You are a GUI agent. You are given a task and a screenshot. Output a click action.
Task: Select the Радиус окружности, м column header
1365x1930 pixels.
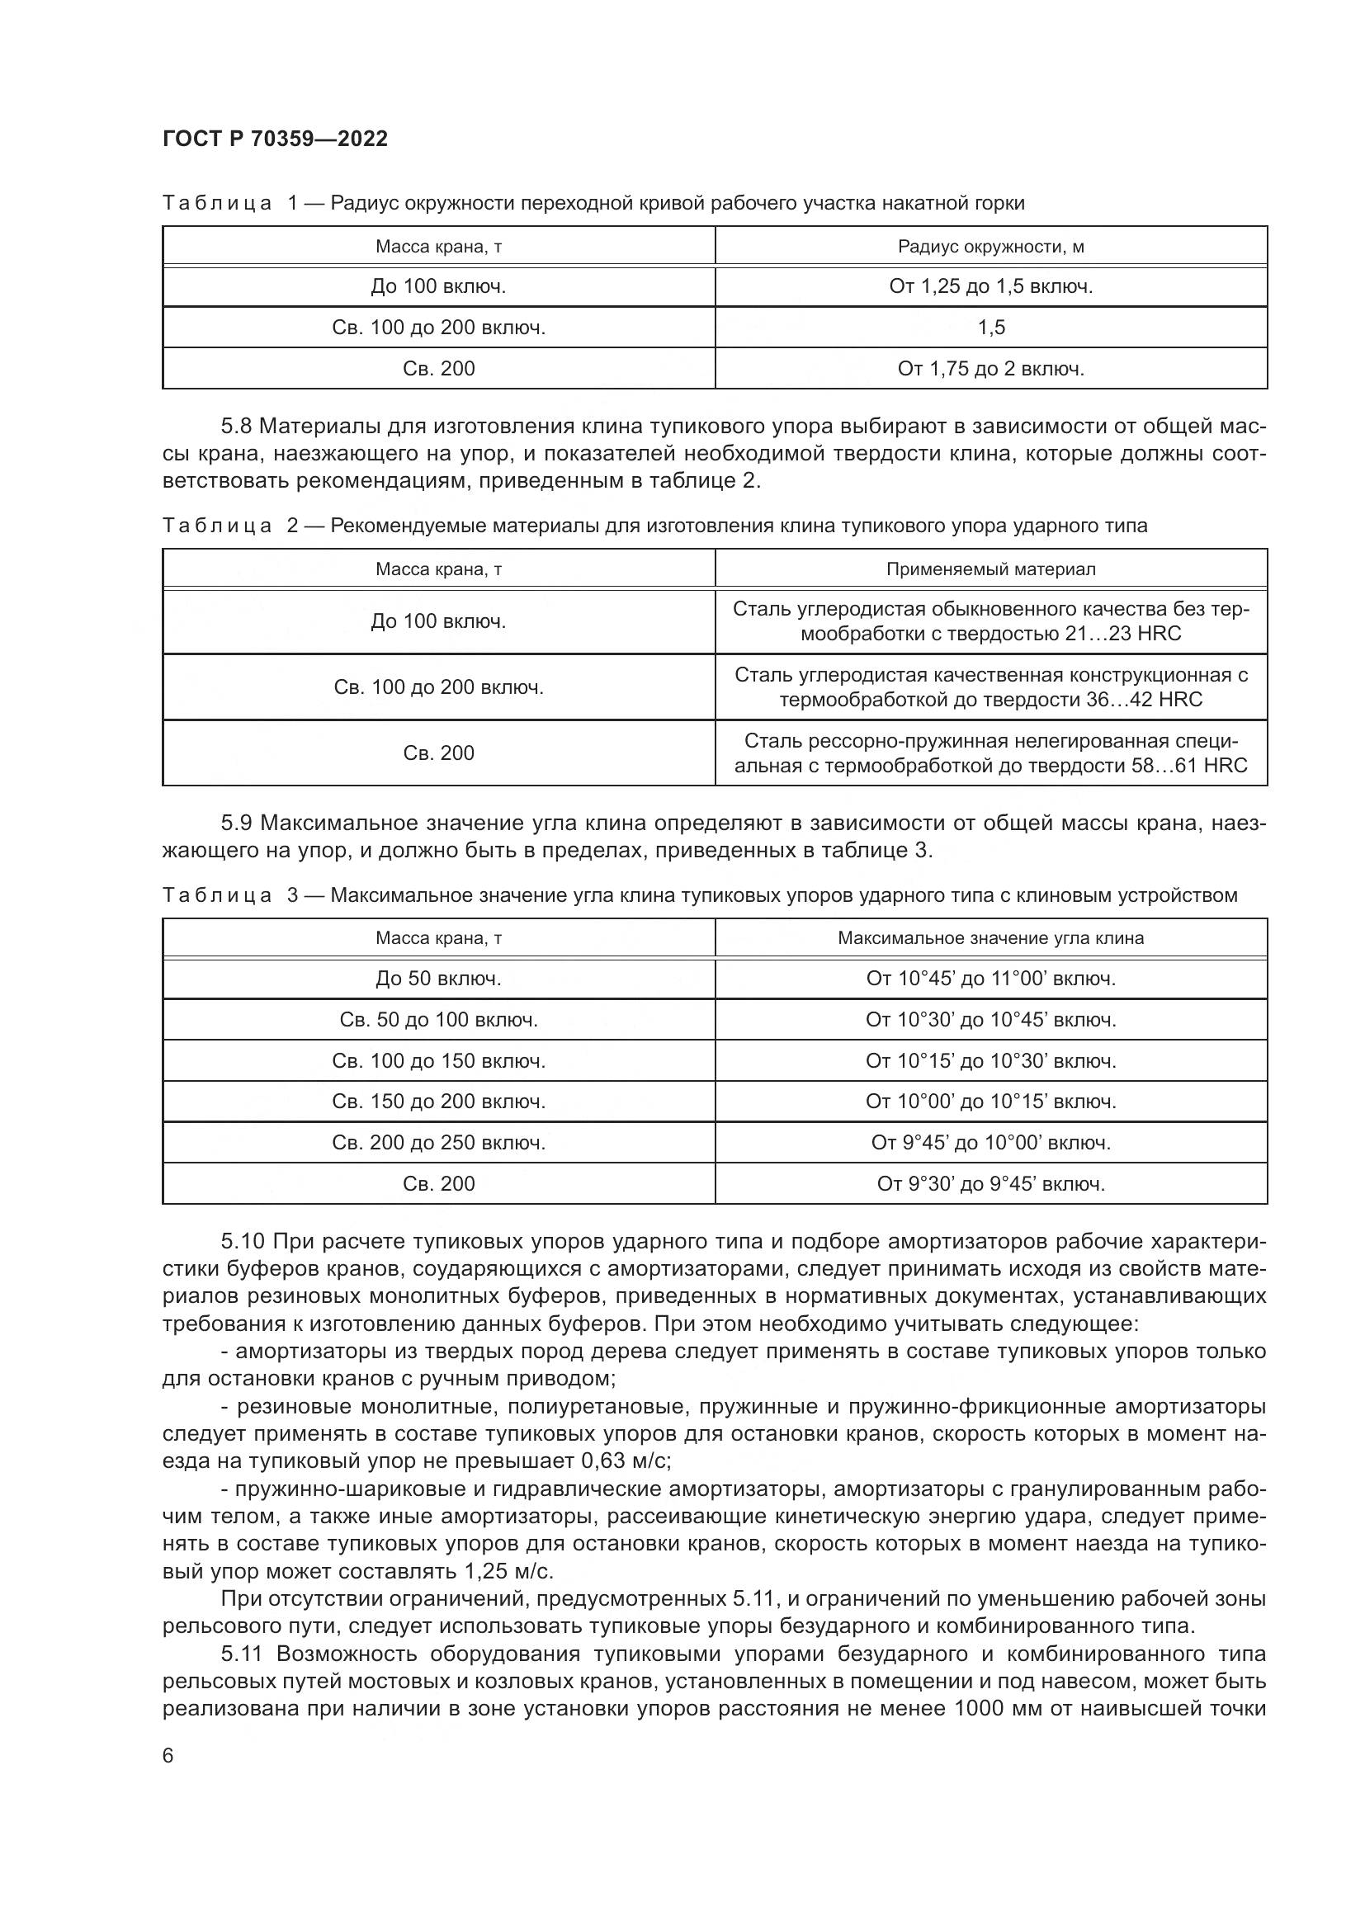pyautogui.click(x=991, y=246)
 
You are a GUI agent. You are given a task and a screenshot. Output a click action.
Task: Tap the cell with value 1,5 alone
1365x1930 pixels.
pyautogui.click(x=991, y=327)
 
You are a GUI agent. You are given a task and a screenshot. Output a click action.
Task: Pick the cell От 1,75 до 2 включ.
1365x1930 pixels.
pyautogui.click(x=991, y=368)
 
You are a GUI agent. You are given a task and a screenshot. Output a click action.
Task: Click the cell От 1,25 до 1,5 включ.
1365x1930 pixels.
pyautogui.click(x=991, y=286)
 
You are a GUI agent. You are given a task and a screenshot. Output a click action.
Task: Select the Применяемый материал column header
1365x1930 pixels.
pyautogui.click(x=991, y=569)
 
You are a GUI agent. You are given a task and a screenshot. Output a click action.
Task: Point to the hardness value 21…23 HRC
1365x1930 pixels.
pyautogui.click(x=1123, y=634)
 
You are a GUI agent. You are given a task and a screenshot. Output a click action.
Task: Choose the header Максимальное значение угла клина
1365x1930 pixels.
pyautogui.click(x=991, y=938)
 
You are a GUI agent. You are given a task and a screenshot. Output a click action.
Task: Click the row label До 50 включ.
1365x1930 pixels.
pyautogui.click(x=438, y=979)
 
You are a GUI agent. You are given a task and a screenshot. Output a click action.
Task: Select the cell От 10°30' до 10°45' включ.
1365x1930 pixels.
pyautogui.click(x=991, y=1020)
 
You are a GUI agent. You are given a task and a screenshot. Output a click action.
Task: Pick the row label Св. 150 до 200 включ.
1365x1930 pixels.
pyautogui.click(x=438, y=1102)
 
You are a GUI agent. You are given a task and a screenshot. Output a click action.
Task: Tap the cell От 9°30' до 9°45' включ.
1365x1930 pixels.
pyautogui.click(x=991, y=1183)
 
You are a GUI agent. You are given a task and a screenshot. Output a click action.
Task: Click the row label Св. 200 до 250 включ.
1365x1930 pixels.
pyautogui.click(x=438, y=1142)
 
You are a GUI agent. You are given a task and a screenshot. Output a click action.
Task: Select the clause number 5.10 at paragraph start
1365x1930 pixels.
pyautogui.click(x=242, y=1242)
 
